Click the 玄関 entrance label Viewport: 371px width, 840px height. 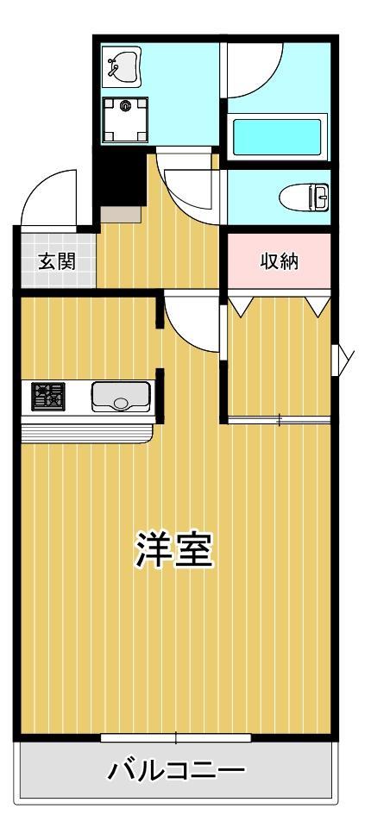tap(55, 261)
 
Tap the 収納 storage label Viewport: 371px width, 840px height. tap(279, 261)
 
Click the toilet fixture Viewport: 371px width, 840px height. tap(306, 197)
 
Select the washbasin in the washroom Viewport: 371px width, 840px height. tap(121, 66)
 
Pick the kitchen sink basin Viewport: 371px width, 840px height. tap(120, 398)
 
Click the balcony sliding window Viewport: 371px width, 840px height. tap(175, 737)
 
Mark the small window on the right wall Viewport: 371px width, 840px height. tap(343, 358)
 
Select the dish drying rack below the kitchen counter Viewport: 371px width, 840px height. tap(86, 430)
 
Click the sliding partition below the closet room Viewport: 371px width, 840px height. tap(279, 421)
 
